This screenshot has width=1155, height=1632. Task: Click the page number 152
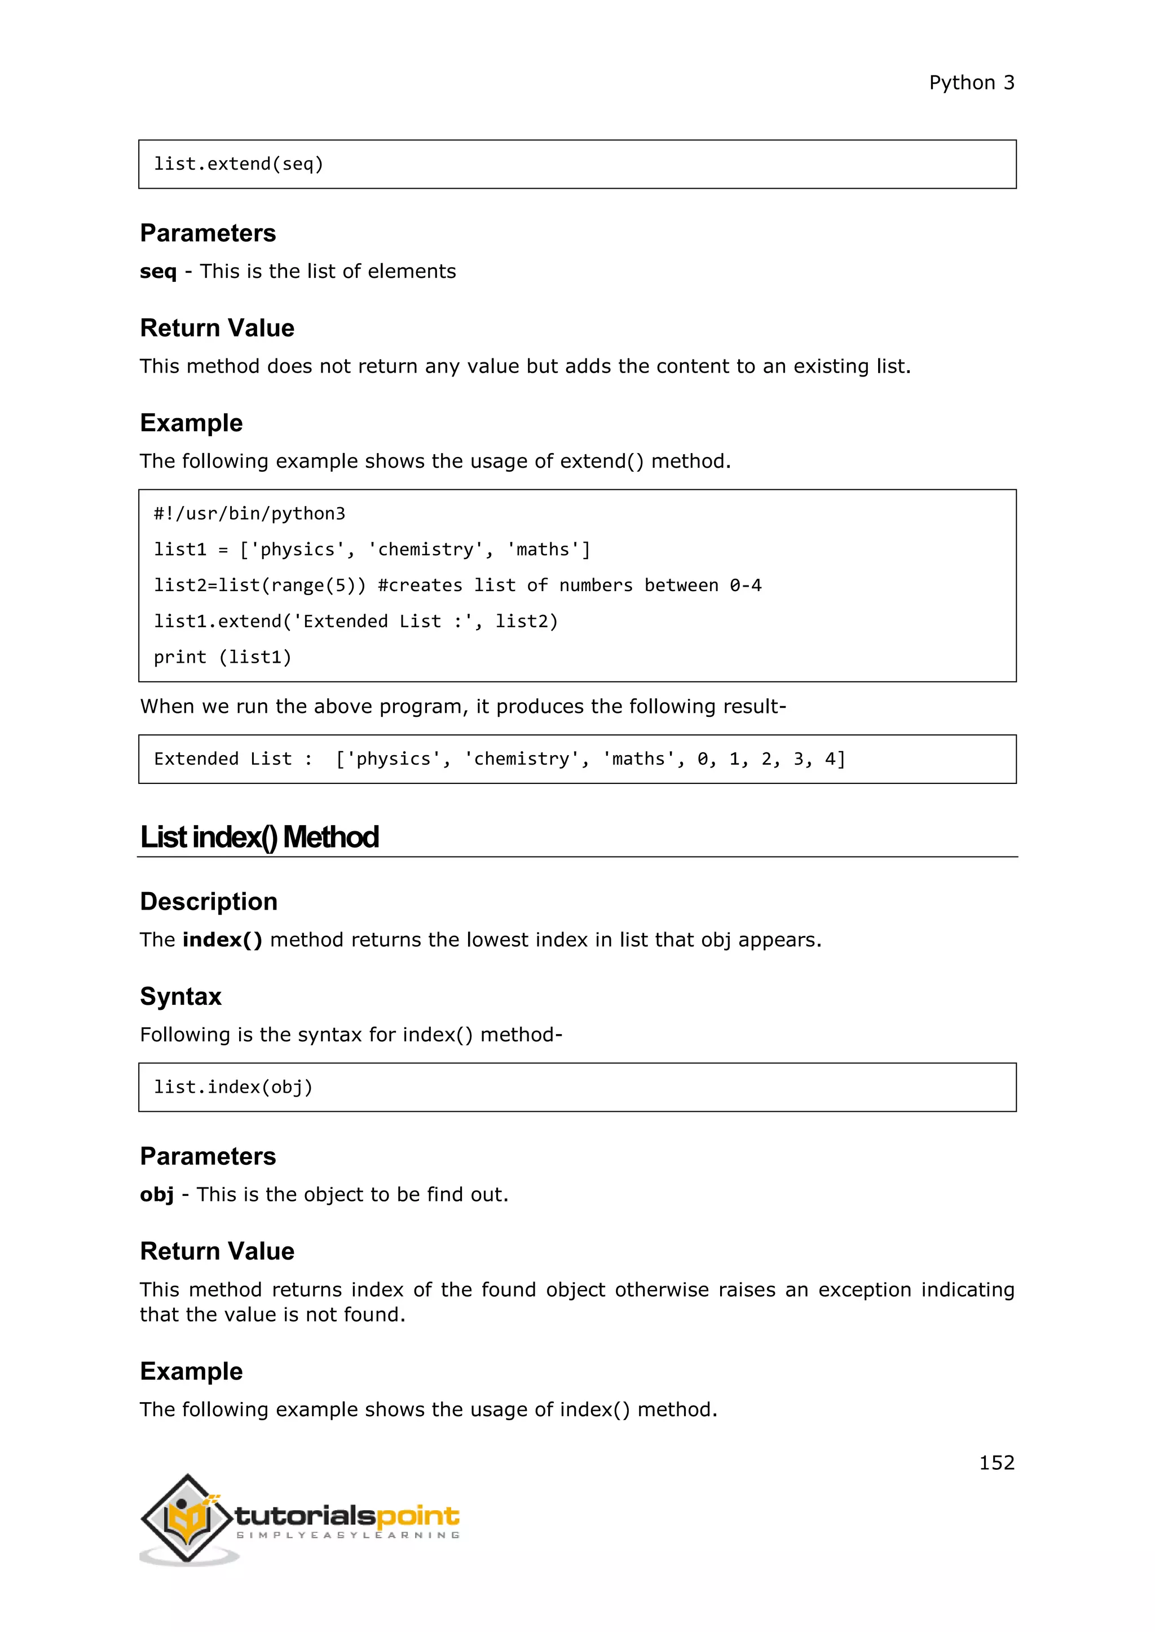(x=997, y=1463)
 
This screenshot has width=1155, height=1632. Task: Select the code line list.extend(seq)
(x=239, y=164)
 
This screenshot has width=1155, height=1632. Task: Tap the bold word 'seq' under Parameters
(x=158, y=272)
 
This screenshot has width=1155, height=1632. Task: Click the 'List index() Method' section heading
(x=259, y=837)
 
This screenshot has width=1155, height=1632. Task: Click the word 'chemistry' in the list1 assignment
(x=425, y=549)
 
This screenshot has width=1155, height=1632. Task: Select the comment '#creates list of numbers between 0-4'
(x=569, y=585)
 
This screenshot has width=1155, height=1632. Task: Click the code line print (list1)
(x=223, y=657)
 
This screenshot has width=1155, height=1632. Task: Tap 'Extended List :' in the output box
(x=232, y=759)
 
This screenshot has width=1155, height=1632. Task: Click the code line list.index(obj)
(x=233, y=1087)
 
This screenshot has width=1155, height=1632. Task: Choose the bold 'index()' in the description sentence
(x=222, y=939)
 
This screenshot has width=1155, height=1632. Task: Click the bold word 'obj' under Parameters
(x=156, y=1194)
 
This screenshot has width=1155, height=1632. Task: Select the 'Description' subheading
(x=208, y=901)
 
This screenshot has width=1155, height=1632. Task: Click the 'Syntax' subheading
(x=180, y=996)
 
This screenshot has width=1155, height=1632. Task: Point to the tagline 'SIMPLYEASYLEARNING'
(x=348, y=1535)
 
